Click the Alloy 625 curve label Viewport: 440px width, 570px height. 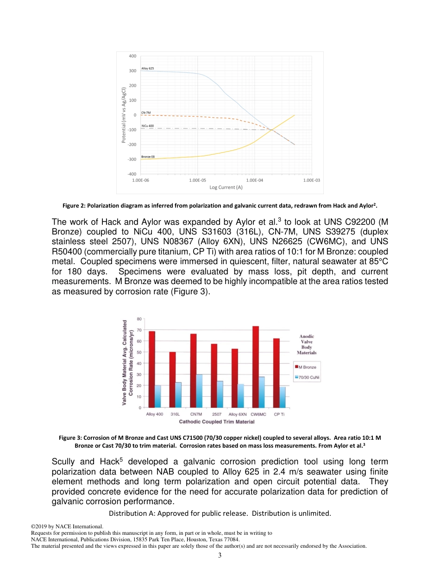(x=147, y=68)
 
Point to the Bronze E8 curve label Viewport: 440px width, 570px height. (x=148, y=157)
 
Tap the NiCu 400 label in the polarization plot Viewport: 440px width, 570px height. (x=147, y=126)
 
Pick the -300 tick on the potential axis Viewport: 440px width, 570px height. (x=132, y=159)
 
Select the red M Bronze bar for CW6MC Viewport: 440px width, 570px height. (x=255, y=366)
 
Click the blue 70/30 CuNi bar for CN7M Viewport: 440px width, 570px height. (x=199, y=391)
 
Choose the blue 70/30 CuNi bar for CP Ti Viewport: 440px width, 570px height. (x=283, y=397)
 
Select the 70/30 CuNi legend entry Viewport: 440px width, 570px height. (x=309, y=377)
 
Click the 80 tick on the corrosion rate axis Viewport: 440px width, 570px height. (x=139, y=318)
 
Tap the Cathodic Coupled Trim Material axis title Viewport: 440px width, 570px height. (x=216, y=422)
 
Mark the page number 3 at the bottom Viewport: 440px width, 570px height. (x=220, y=555)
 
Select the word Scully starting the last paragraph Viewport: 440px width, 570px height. (x=64, y=462)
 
